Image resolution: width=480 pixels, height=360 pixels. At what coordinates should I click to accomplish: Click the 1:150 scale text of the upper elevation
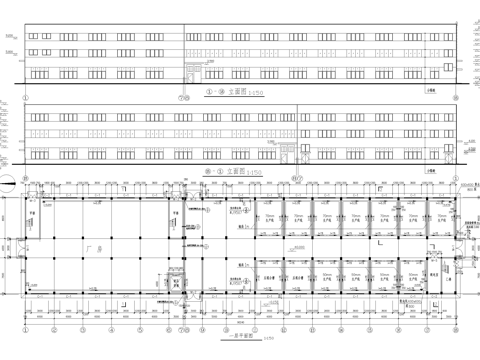point(257,91)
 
